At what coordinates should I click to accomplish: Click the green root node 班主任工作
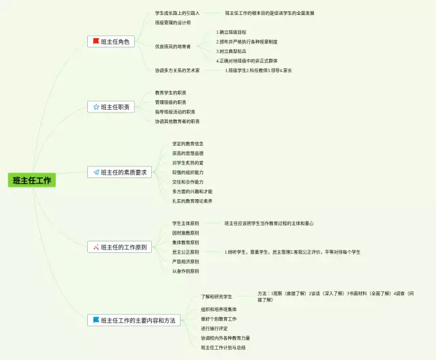[32, 181]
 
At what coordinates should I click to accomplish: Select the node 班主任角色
[116, 42]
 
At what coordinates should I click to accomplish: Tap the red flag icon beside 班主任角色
[96, 42]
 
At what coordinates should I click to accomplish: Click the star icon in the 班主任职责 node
[94, 107]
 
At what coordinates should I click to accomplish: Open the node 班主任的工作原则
[123, 247]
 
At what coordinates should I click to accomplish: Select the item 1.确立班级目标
[232, 32]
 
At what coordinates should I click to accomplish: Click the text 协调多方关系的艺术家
[177, 70]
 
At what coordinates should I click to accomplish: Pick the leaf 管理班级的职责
[170, 102]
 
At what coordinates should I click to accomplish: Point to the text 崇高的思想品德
[187, 153]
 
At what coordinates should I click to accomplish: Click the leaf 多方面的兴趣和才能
[192, 192]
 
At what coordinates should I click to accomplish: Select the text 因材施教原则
[185, 233]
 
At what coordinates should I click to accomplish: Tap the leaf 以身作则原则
[185, 271]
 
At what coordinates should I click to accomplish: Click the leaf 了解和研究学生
[217, 297]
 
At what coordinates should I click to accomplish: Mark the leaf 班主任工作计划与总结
[223, 348]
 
